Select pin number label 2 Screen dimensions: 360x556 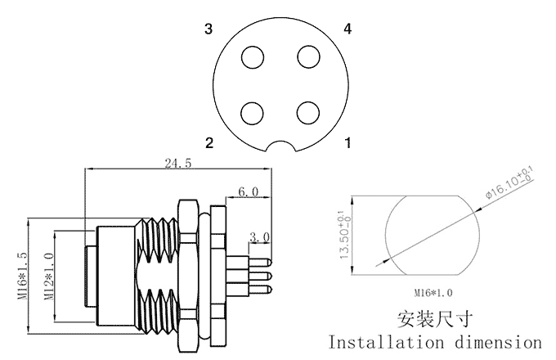[x=209, y=143]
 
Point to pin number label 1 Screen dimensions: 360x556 [x=348, y=143]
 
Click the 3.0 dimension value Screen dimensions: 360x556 [x=260, y=237]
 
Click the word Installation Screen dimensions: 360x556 [x=384, y=340]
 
